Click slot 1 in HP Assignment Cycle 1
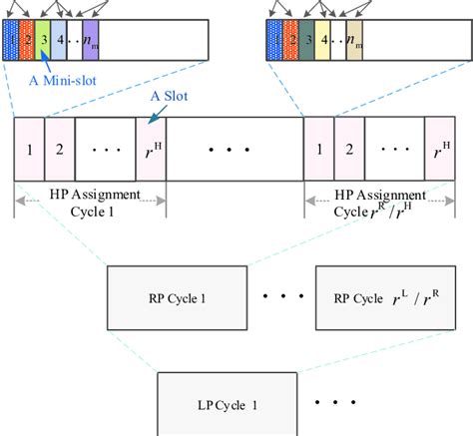tap(29, 149)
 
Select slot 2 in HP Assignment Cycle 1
tap(60, 149)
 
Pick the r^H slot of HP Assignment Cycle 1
tap(150, 149)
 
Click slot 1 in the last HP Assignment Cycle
tap(318, 149)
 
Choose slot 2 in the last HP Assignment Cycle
tap(349, 149)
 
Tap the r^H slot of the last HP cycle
tap(439, 149)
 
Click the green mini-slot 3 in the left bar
tap(44, 41)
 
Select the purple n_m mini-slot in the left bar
tap(91, 41)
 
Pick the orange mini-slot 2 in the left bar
tap(28, 41)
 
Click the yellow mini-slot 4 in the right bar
tap(322, 41)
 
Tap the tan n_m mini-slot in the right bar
tap(353, 41)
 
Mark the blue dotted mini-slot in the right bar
tap(274, 41)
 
